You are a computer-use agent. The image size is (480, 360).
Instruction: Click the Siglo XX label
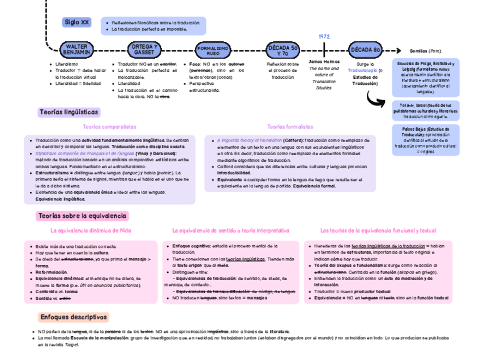(77, 22)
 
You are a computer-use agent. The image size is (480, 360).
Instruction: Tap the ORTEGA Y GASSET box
(144, 49)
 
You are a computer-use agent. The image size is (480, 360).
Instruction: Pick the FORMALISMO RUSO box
(213, 50)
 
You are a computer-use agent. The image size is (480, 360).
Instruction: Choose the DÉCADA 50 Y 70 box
(283, 50)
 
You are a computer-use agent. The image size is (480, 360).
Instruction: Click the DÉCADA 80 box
(365, 50)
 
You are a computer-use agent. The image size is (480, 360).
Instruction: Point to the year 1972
(324, 36)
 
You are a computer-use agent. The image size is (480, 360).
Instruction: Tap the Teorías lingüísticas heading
(68, 113)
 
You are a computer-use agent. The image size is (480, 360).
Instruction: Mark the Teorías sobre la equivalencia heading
(82, 216)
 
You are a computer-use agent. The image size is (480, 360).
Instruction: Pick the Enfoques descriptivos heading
(74, 317)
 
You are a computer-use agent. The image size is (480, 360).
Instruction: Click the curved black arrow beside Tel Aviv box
(376, 99)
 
